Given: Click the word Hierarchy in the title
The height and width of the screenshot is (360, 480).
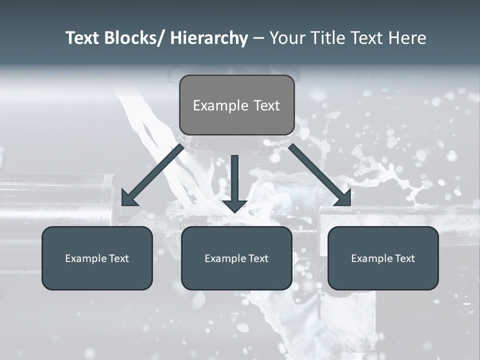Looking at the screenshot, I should click(x=208, y=38).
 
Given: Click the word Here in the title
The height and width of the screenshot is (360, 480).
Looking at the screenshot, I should click(x=407, y=38).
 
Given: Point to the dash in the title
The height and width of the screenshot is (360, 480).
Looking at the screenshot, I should click(x=258, y=38).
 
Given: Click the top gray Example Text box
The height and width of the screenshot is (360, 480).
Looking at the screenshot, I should click(x=236, y=105).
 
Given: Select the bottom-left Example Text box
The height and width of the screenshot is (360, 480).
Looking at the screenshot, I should click(x=97, y=258).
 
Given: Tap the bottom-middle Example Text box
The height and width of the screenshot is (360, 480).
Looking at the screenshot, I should click(x=236, y=258).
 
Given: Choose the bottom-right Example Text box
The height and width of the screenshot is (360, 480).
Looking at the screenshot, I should click(x=383, y=258).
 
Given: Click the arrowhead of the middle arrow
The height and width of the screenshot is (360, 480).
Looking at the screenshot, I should click(x=234, y=205).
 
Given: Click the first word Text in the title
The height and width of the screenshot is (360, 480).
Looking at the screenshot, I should click(x=83, y=38).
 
